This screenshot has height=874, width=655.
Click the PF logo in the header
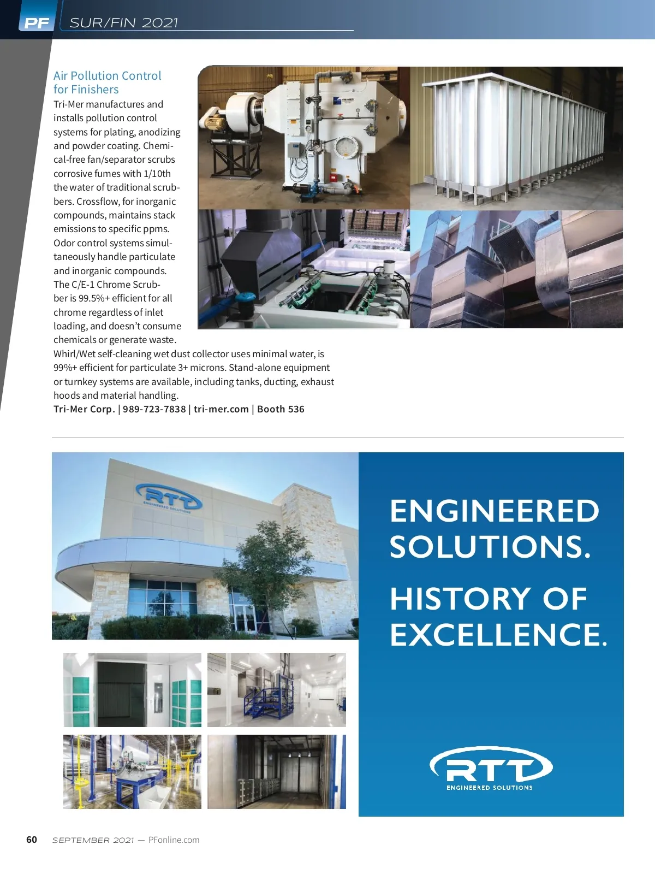point(37,23)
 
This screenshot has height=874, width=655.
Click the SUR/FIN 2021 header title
point(124,23)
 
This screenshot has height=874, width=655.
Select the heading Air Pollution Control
point(108,76)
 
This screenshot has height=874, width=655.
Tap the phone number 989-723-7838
point(154,409)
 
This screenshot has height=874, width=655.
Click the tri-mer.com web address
point(221,409)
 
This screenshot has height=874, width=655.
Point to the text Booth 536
point(281,409)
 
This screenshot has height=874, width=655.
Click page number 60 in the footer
point(32,840)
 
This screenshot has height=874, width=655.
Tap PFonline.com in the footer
point(174,840)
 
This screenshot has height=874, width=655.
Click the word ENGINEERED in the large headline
point(495,511)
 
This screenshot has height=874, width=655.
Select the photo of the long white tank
point(516,138)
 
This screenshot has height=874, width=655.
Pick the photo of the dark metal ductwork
point(516,269)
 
